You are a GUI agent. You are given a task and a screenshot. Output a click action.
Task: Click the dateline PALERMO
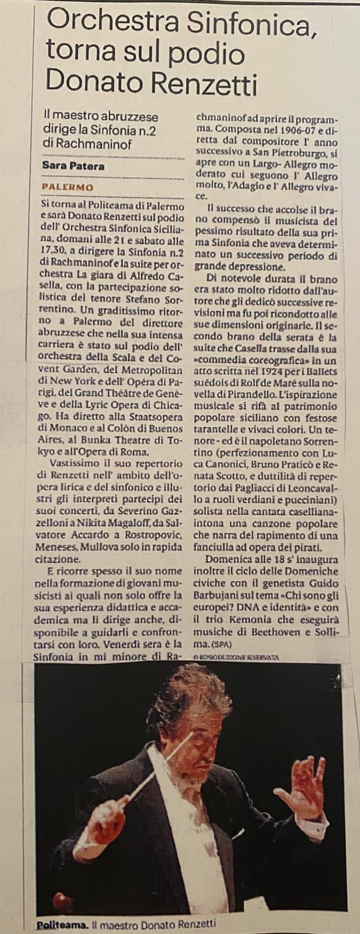[68, 187]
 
